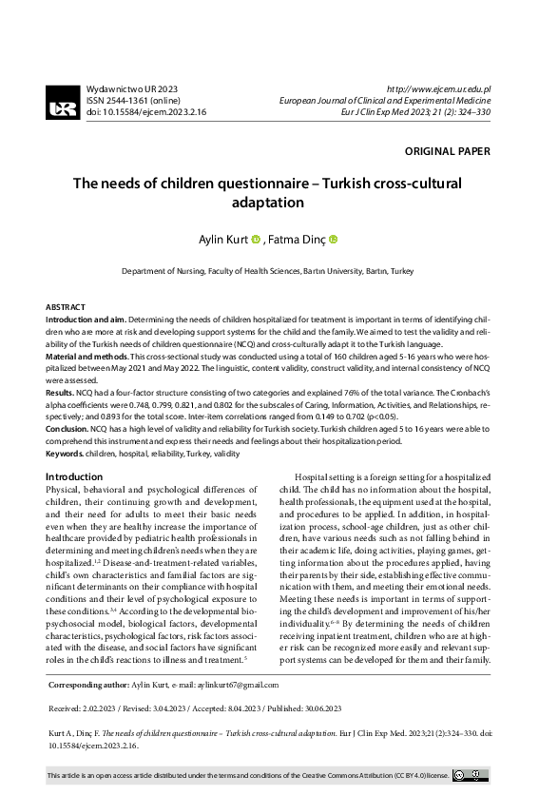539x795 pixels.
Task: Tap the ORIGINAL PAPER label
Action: pos(447,151)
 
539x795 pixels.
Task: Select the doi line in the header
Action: pos(145,111)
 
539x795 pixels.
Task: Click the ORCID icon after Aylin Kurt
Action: pos(256,240)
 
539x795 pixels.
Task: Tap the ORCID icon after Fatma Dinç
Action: pos(334,240)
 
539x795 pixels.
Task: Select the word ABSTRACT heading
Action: pos(66,308)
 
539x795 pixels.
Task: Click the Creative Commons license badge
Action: pos(472,776)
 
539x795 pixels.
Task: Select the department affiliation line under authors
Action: pos(268,271)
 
